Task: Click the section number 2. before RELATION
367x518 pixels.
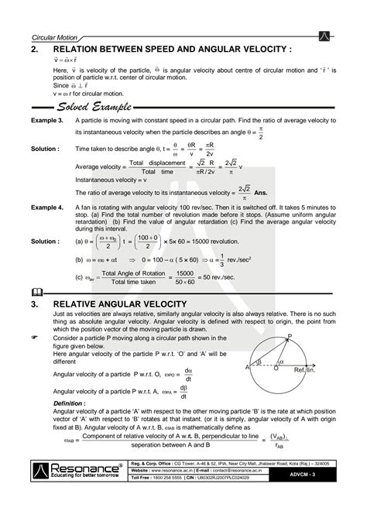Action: point(36,50)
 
